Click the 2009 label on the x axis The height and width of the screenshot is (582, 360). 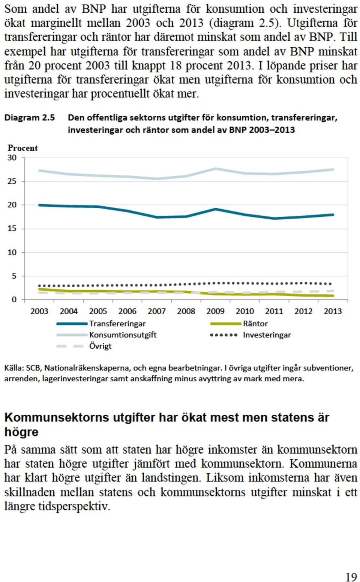pos(215,311)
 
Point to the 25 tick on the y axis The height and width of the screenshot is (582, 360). pos(12,181)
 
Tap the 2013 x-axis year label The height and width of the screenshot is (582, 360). pos(333,311)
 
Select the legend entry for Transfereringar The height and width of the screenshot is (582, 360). pos(101,324)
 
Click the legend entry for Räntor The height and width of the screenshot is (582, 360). pos(239,324)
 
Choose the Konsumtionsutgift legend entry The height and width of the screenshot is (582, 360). pos(106,335)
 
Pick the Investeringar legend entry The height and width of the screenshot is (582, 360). pos(250,335)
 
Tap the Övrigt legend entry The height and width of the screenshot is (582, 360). pos(84,346)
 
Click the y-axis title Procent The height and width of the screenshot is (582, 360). pos(22,148)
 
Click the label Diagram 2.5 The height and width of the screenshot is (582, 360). pos(30,118)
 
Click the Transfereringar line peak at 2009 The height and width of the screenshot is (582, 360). pos(215,209)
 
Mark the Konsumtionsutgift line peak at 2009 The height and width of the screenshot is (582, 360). pos(216,169)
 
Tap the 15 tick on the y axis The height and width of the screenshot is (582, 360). pos(12,229)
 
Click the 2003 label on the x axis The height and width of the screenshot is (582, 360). pos(39,311)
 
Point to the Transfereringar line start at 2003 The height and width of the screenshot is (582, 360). pos(39,205)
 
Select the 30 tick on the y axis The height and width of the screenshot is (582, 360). pos(12,157)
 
